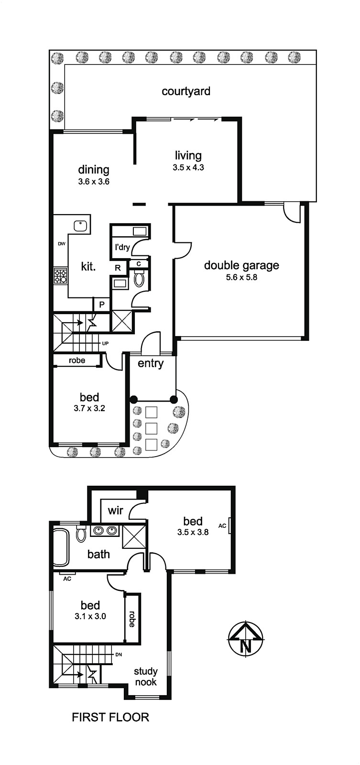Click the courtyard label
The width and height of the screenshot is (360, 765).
pyautogui.click(x=186, y=91)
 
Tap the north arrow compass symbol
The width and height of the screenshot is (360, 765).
pyautogui.click(x=246, y=638)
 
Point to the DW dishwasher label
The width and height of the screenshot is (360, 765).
pyautogui.click(x=62, y=244)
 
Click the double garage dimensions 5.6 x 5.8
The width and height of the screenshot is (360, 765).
pyautogui.click(x=241, y=277)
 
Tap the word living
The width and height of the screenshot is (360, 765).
pyautogui.click(x=188, y=156)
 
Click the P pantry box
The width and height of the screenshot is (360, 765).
pyautogui.click(x=102, y=304)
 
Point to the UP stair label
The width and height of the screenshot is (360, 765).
pyautogui.click(x=105, y=343)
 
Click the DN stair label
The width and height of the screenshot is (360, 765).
pyautogui.click(x=119, y=655)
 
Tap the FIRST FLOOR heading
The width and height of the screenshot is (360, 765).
pyautogui.click(x=110, y=717)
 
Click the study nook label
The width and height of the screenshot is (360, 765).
pyautogui.click(x=145, y=677)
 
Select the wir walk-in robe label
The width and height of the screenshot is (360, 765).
pyautogui.click(x=115, y=511)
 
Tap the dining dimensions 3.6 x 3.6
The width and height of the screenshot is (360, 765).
pyautogui.click(x=94, y=182)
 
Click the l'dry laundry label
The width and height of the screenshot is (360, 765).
pyautogui.click(x=122, y=247)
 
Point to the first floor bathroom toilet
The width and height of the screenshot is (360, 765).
pyautogui.click(x=81, y=533)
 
